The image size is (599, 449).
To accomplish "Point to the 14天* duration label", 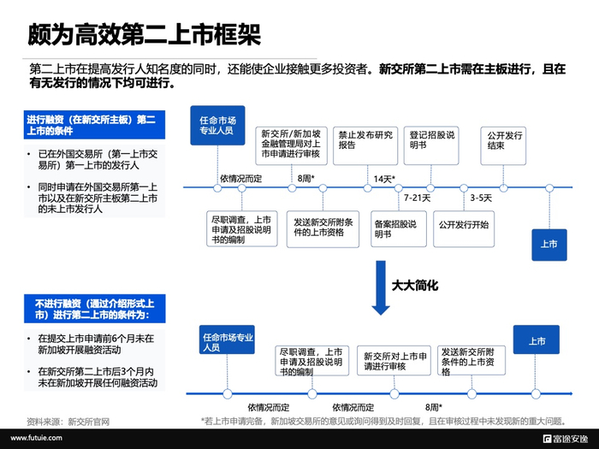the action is click(x=383, y=179).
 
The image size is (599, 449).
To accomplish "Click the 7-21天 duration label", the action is click(x=418, y=198).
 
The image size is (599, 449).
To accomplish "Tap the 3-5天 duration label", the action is click(x=481, y=198).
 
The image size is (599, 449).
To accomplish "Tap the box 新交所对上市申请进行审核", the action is click(x=393, y=360).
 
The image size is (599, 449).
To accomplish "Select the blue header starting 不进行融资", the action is click(x=94, y=309).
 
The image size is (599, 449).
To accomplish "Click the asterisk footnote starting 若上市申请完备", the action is click(x=383, y=422).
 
